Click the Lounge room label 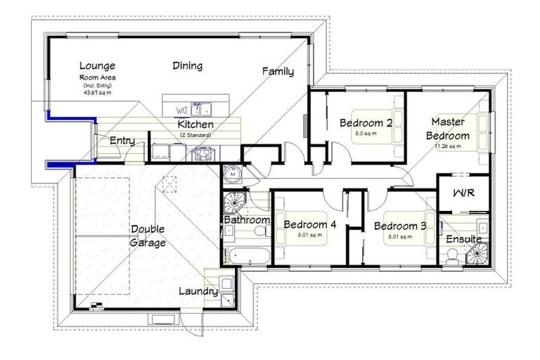97,65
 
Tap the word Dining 187,66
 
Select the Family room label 278,71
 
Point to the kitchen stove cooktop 203,153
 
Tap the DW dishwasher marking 181,110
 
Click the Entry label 122,141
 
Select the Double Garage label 148,236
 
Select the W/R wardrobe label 463,193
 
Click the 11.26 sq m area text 447,146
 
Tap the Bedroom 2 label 366,122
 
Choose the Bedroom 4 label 309,225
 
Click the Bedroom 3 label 399,226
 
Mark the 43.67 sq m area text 98,92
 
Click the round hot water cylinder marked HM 233,171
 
